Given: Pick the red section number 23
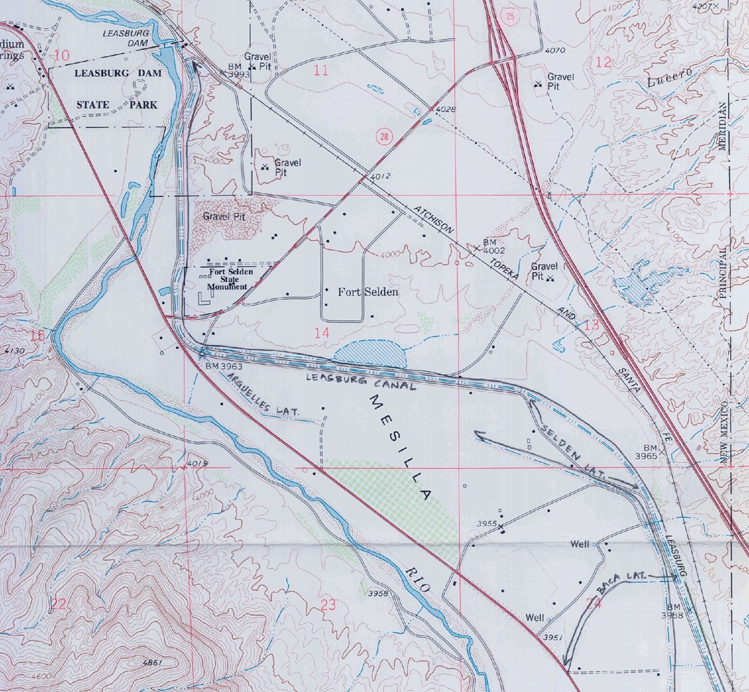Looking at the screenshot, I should tap(327, 603).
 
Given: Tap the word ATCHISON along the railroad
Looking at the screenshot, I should tap(433, 219).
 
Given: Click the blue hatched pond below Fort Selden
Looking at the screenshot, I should tap(371, 353).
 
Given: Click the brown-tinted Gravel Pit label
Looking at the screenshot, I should tap(223, 217).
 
